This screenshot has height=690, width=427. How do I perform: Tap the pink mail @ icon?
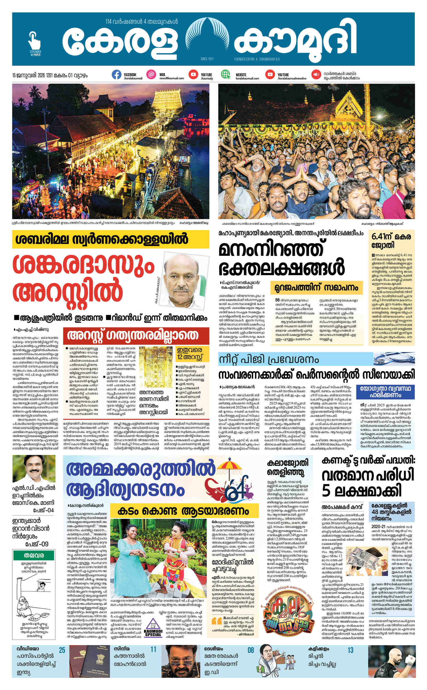tap(151, 75)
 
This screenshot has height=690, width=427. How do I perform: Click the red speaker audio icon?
tap(316, 75)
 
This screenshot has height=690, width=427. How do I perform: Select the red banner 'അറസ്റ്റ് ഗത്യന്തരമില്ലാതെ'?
tap(136, 336)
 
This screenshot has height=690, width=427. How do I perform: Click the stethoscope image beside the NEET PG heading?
tap(394, 359)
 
